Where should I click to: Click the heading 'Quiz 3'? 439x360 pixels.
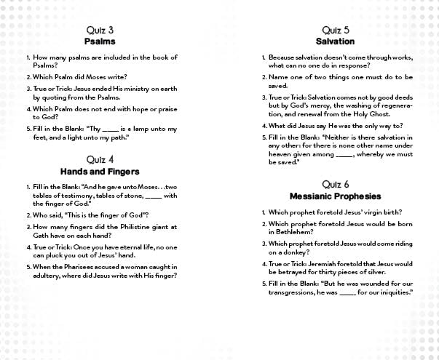99,30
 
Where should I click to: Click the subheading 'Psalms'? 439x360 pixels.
99,41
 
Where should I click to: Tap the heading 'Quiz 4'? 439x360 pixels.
100,159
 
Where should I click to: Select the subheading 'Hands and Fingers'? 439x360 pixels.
100,171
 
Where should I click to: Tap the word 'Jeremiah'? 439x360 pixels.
323,263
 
